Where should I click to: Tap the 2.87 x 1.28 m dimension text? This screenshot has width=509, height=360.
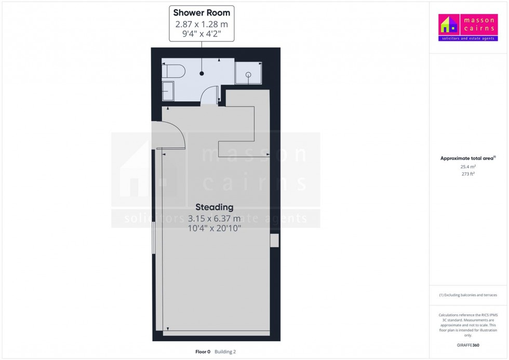[202, 24]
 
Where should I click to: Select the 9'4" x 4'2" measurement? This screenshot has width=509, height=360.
[202, 35]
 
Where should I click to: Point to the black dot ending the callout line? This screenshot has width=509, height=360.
[202, 73]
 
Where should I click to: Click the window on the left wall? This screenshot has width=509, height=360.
[153, 238]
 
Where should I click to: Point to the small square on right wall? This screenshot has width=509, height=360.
[274, 241]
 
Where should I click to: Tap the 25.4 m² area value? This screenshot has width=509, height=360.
[468, 167]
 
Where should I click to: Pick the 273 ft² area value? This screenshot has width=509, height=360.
[468, 175]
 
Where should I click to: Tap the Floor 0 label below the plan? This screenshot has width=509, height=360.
[203, 352]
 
